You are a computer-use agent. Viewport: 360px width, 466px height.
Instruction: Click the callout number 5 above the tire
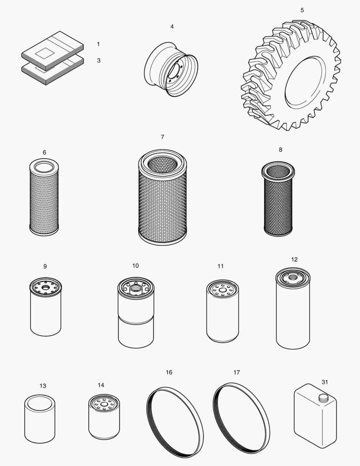tap(302, 10)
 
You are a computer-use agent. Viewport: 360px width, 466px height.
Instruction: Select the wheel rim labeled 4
tap(170, 69)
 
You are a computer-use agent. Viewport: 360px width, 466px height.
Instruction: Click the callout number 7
tap(162, 137)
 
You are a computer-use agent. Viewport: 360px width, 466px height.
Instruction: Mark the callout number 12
tap(294, 259)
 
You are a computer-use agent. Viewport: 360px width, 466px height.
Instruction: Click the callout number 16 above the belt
tap(169, 372)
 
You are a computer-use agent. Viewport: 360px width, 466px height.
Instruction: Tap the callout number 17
tap(236, 372)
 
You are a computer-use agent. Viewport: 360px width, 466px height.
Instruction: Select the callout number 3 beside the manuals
tap(98, 60)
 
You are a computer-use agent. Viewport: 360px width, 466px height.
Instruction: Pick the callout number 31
tap(325, 381)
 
